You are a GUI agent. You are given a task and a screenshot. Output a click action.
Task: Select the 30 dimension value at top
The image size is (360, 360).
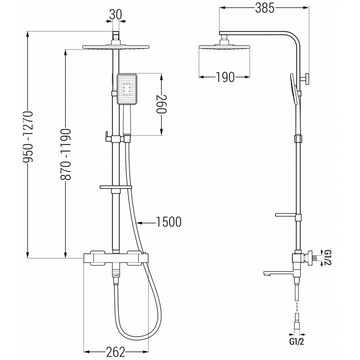116,15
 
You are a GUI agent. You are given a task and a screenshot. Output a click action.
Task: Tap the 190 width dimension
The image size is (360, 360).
225,77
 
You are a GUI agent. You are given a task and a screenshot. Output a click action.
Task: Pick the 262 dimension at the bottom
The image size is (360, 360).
116,352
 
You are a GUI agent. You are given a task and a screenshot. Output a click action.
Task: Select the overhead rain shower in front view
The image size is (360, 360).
116,47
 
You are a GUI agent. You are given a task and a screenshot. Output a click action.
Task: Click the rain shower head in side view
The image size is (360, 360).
221,47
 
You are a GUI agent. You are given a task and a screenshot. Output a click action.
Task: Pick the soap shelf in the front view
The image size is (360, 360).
116,186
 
